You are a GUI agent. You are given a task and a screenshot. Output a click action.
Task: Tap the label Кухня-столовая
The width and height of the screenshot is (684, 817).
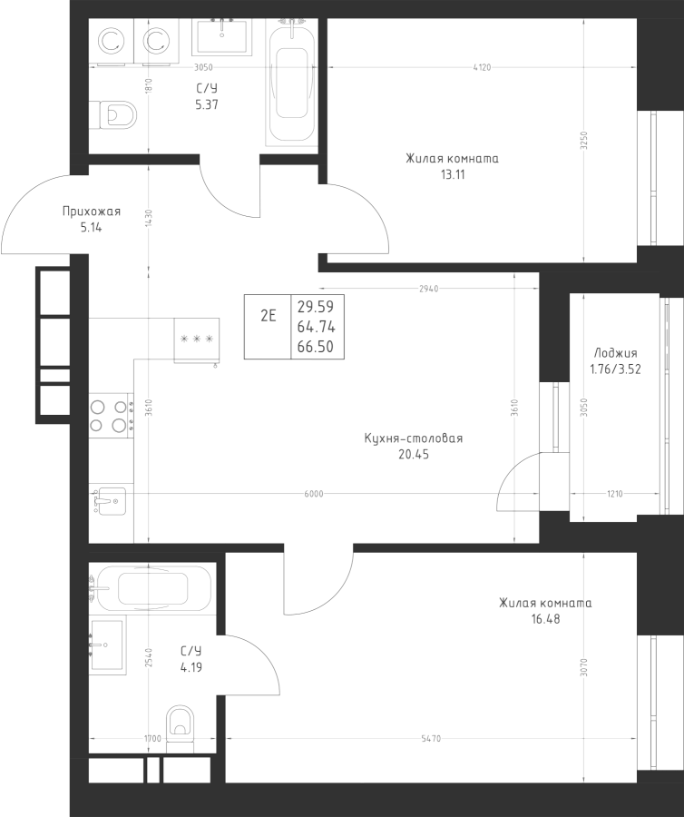coord(413,438)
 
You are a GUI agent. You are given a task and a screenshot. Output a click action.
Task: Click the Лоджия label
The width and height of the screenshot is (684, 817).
coord(615,353)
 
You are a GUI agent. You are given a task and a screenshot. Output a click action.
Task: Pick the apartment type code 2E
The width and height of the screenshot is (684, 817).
coord(269,316)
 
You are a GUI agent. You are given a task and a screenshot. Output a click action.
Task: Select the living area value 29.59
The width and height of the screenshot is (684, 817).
coord(315,307)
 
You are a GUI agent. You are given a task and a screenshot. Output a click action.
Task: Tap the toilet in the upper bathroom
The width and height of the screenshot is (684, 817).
coord(114,115)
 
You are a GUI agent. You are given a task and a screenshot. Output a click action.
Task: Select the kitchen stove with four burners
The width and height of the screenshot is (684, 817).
coord(108,416)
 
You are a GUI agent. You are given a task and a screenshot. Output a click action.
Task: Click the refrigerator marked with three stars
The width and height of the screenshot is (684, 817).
coord(197,340)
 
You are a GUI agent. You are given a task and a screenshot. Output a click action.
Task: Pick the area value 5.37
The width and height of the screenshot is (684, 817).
coord(207,104)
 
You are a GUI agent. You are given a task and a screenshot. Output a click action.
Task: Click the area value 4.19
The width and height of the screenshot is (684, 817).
coord(191,666)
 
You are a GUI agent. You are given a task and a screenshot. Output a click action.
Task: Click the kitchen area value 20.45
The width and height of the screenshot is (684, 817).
coord(413,454)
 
